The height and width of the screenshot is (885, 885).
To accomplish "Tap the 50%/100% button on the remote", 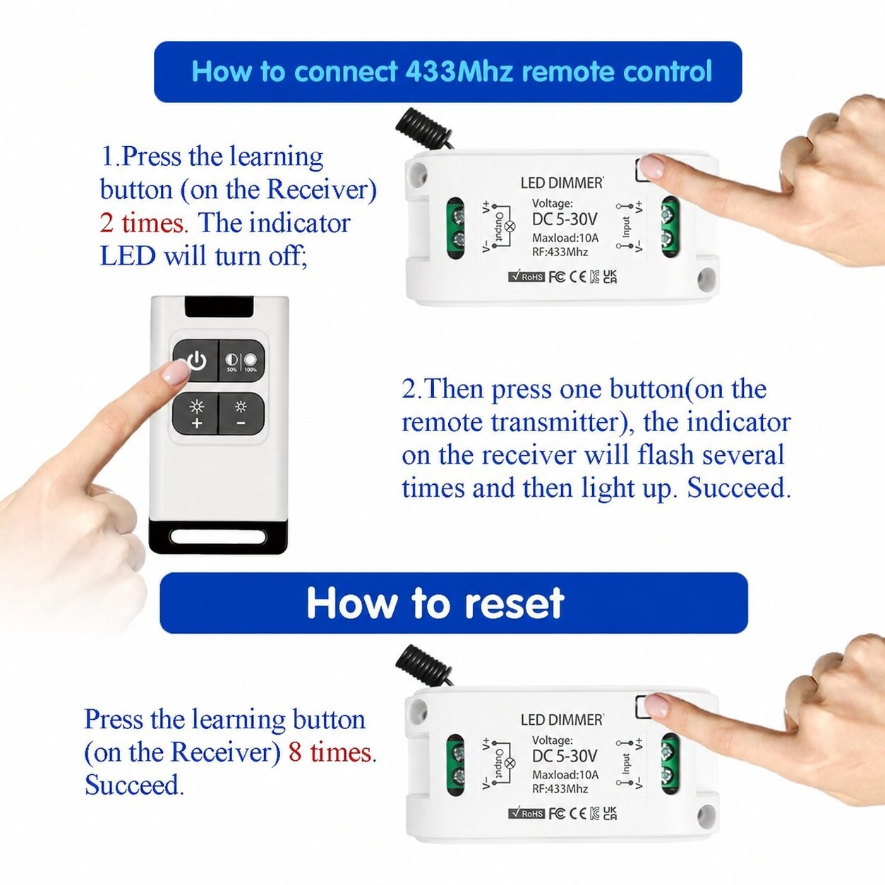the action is click(x=241, y=361).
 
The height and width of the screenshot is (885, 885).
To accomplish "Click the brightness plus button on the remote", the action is click(x=196, y=414).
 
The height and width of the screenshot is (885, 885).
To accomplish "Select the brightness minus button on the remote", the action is click(x=241, y=414).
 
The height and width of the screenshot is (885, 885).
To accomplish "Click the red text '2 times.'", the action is click(x=144, y=224).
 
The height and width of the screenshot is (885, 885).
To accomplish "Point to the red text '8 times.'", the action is click(x=332, y=752).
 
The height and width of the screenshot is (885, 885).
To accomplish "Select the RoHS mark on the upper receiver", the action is click(x=526, y=277).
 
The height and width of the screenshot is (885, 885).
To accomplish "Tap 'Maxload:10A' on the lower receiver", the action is click(x=565, y=774).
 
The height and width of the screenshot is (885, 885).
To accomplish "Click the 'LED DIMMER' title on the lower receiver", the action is click(x=562, y=720).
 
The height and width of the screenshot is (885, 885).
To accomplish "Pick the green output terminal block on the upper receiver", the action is click(x=455, y=227).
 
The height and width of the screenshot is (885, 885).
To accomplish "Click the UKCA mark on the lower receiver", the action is click(x=610, y=813).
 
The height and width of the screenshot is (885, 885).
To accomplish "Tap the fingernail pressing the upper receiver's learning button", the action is click(x=653, y=167).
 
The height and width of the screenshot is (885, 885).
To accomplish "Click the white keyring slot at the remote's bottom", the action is click(x=218, y=536).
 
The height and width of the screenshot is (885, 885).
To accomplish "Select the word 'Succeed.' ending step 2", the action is click(x=739, y=488).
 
